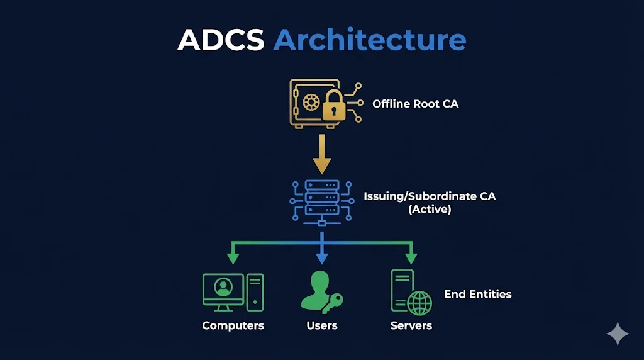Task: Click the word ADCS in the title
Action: (x=221, y=40)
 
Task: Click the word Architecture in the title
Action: (x=370, y=40)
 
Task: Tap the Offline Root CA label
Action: (x=415, y=104)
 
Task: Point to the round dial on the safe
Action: (x=310, y=102)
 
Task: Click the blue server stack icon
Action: (x=321, y=200)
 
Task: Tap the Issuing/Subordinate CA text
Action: (x=430, y=196)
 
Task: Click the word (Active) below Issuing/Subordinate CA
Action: (x=430, y=210)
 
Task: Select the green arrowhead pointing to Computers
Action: (x=233, y=257)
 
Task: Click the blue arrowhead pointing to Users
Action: (x=322, y=257)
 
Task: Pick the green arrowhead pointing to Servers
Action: (x=411, y=257)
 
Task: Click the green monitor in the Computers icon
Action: (x=223, y=290)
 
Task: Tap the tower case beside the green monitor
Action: (x=255, y=292)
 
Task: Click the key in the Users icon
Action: (x=331, y=303)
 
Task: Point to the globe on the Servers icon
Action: (x=419, y=303)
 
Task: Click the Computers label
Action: (x=233, y=325)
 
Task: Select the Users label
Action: (x=322, y=325)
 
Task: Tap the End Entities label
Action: (x=477, y=294)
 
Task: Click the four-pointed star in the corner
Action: (x=618, y=334)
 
